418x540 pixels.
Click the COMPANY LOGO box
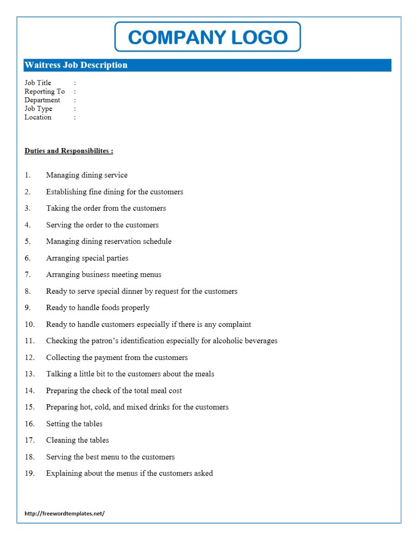point(208,37)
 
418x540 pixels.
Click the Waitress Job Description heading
point(76,65)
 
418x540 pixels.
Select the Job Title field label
point(38,83)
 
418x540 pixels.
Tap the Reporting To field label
point(45,91)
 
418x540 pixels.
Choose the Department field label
point(42,100)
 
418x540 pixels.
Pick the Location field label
point(38,117)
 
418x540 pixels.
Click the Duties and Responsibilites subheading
point(69,151)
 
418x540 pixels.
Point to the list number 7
point(28,275)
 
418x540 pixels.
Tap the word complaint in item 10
point(234,325)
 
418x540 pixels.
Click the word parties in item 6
point(117,258)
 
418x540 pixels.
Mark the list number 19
point(30,473)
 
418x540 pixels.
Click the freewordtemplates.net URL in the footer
point(65,513)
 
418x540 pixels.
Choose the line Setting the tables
point(74,424)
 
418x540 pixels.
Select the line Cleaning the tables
point(77,440)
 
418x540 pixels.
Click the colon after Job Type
point(75,109)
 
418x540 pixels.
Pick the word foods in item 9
point(111,308)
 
